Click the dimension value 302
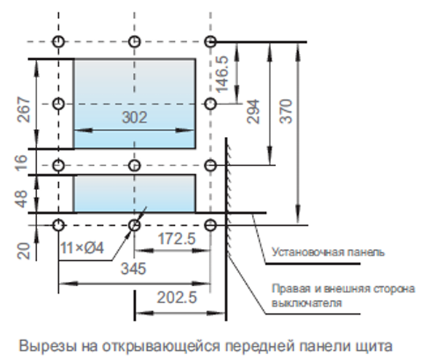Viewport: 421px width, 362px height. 135,117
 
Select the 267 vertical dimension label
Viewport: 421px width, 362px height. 23,110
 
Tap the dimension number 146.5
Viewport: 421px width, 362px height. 222,74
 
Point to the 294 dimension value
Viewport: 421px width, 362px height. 253,111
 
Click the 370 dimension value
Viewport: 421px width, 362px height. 286,111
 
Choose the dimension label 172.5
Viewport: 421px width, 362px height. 176,238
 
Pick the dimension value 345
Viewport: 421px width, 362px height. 133,269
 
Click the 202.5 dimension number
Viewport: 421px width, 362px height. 177,298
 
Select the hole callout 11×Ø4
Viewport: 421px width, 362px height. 82,248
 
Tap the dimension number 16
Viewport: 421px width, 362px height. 22,162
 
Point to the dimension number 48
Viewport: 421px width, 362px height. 22,199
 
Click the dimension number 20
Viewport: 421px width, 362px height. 23,251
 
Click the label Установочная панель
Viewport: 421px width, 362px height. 328,252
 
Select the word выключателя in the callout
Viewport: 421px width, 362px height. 307,304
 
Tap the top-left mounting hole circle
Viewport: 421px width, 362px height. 58,42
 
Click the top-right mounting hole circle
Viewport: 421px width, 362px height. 210,42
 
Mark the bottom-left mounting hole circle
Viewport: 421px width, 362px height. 58,225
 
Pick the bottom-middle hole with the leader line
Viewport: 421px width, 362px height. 134,225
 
